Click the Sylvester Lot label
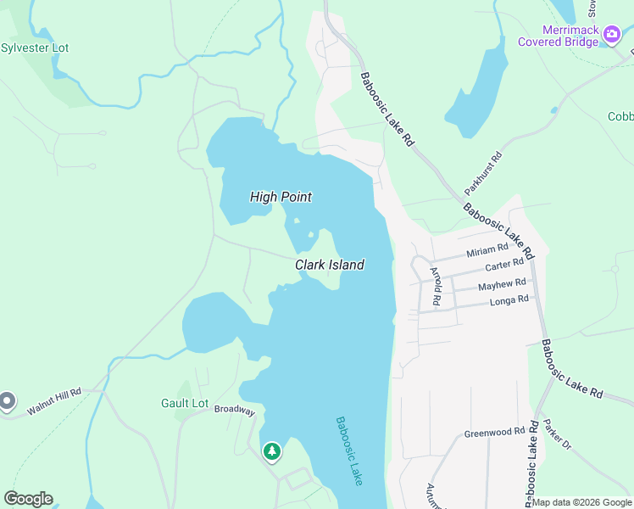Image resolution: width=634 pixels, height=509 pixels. click(35, 48)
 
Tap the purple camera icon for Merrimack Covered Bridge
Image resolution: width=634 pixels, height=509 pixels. click(611, 36)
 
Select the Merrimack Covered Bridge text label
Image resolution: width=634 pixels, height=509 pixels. click(559, 36)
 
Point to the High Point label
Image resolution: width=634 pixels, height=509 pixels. click(281, 197)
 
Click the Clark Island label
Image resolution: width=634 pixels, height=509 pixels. click(330, 265)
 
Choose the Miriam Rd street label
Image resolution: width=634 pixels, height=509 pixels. click(487, 250)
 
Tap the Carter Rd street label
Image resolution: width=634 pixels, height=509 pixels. click(504, 266)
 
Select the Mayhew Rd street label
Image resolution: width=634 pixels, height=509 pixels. click(502, 285)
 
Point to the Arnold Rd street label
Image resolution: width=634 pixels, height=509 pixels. click(436, 287)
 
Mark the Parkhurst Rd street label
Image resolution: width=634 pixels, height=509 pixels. click(483, 174)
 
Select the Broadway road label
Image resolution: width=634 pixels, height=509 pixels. click(234, 410)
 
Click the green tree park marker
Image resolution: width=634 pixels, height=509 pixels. click(272, 451)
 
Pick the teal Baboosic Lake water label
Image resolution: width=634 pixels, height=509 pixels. click(349, 450)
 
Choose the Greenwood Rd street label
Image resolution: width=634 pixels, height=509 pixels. click(494, 433)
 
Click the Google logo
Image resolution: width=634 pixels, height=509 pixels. click(28, 499)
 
